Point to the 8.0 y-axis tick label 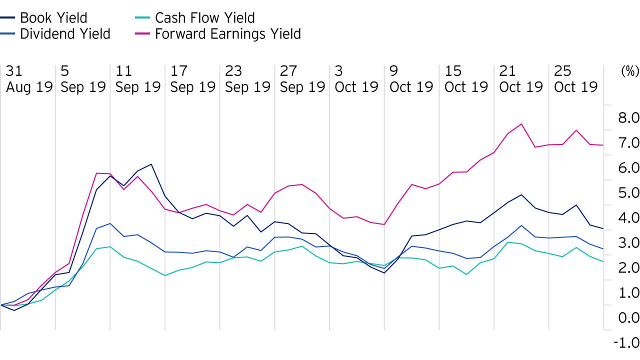[x=627, y=118]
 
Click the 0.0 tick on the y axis [x=627, y=318]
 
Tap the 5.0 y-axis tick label [x=627, y=193]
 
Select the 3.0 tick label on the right [x=627, y=243]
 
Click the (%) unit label [x=629, y=71]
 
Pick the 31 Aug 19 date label [x=29, y=78]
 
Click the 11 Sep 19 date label [x=138, y=78]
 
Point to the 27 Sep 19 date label [x=302, y=78]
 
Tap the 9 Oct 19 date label [x=411, y=78]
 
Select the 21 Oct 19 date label [x=521, y=78]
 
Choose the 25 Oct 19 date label [x=576, y=78]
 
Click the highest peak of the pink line [x=521, y=124]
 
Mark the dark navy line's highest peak [x=151, y=164]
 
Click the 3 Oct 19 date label [x=356, y=78]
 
